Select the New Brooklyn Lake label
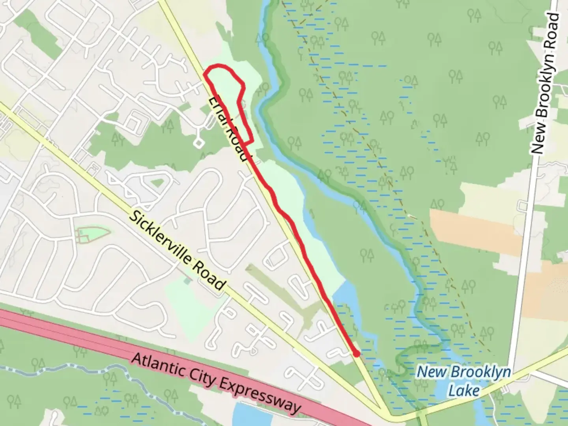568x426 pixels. pos(464,381)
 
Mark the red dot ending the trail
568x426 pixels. pos(356,354)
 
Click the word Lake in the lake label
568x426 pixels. pos(464,390)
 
